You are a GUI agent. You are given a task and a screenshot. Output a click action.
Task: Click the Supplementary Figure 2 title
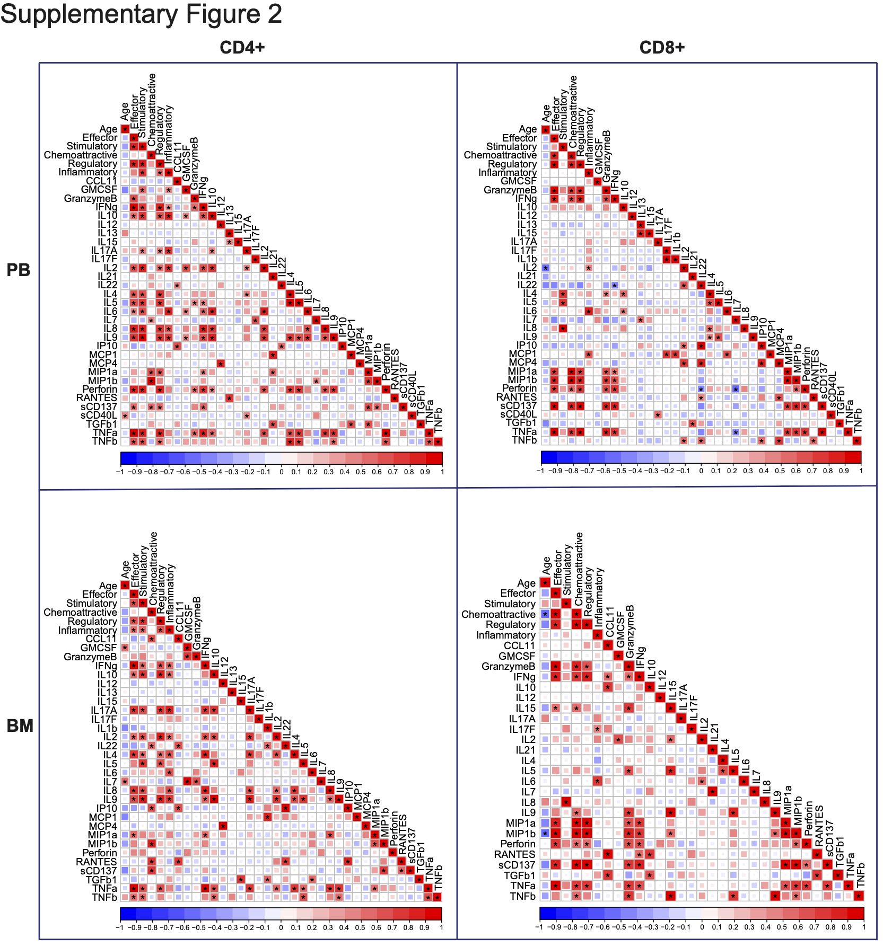tap(141, 14)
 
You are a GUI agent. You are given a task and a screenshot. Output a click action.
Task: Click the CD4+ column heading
tap(242, 48)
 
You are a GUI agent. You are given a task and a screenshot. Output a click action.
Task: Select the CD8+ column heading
tap(662, 48)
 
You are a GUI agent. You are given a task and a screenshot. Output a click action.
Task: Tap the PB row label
tap(19, 270)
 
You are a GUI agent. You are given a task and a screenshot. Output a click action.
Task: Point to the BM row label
tap(20, 726)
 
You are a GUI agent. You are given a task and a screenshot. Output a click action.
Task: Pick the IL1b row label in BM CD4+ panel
tap(107, 728)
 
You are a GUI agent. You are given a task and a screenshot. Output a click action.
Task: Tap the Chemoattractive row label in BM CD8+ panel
tap(498, 614)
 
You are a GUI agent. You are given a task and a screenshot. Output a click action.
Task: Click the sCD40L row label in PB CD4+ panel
tap(99, 415)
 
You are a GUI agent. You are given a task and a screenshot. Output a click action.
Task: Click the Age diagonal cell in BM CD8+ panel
tap(545, 583)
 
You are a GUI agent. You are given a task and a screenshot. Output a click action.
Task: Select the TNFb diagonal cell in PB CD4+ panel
tap(438, 441)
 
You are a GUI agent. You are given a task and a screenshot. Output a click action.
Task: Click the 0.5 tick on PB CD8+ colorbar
tap(780, 471)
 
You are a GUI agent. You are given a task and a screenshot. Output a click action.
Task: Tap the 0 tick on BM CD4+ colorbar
tap(281, 928)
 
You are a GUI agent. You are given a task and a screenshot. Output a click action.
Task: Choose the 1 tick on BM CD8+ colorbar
tap(863, 927)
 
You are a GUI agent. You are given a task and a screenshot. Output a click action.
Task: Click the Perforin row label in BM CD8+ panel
tap(518, 844)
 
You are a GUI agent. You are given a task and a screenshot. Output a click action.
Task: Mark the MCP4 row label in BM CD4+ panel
tap(102, 826)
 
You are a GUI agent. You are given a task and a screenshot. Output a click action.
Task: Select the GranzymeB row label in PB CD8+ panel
tap(510, 190)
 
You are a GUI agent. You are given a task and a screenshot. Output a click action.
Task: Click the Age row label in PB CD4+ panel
tap(108, 129)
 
